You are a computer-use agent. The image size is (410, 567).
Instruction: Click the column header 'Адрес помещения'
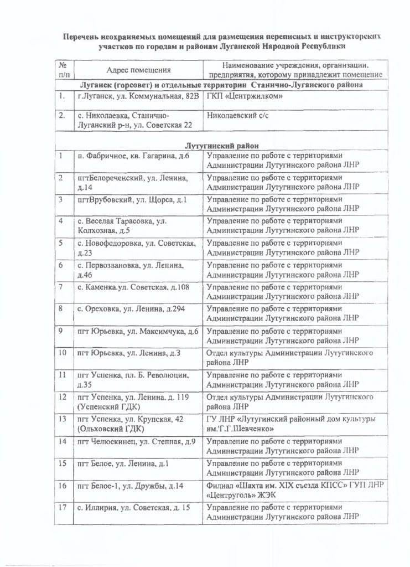138,70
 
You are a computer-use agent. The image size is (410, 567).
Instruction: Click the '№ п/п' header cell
64,69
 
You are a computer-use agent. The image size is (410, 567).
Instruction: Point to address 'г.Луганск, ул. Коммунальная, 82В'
138,96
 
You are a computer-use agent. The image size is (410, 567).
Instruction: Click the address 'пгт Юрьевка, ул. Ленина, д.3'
129,352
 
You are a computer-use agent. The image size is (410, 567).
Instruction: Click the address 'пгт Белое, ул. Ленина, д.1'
123,463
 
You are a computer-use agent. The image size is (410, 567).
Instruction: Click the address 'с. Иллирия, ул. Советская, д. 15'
133,507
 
